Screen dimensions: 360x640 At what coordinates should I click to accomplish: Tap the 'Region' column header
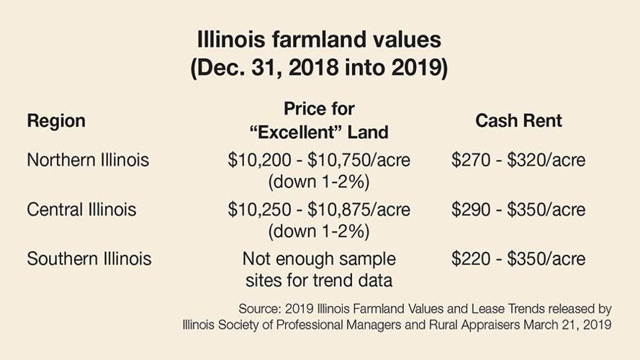point(56,121)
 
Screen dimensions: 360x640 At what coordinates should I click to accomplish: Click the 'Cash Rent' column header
point(518,121)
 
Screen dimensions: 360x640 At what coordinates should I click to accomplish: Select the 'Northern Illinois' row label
point(88,160)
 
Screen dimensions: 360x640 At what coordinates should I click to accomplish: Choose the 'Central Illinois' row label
point(81,210)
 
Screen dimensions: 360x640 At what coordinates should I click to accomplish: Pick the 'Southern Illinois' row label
point(89,258)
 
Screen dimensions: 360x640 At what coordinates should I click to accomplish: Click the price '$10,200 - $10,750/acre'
point(319,160)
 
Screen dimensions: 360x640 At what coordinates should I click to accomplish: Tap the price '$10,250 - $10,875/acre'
point(319,210)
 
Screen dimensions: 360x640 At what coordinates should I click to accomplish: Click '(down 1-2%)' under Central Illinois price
point(319,232)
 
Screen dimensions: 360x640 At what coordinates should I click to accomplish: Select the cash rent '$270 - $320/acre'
point(518,160)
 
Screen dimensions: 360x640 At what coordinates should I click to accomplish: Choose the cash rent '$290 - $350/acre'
point(518,210)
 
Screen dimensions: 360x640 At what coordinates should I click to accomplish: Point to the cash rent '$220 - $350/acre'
point(518,258)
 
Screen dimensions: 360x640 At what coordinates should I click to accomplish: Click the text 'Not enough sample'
point(319,258)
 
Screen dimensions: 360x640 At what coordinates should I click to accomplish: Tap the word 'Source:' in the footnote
point(259,309)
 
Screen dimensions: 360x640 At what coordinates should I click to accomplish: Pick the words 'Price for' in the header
point(319,109)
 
